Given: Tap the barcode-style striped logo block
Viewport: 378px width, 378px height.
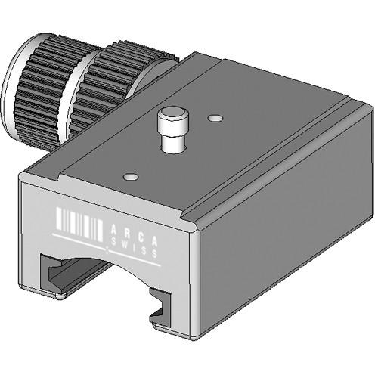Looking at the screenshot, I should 80,224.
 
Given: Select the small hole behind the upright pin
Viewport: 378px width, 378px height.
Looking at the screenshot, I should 216,119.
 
